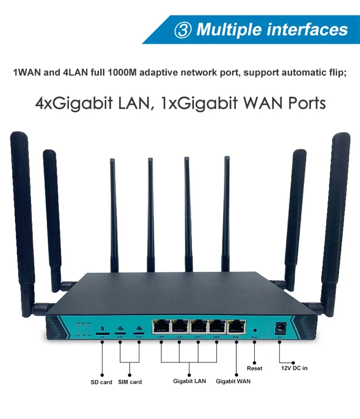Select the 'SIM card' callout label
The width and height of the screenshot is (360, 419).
pos(130,382)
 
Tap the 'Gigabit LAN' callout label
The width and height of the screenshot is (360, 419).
pos(189,381)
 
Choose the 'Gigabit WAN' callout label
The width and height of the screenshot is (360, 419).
pos(233,381)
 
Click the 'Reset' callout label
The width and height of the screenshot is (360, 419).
pos(254,368)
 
